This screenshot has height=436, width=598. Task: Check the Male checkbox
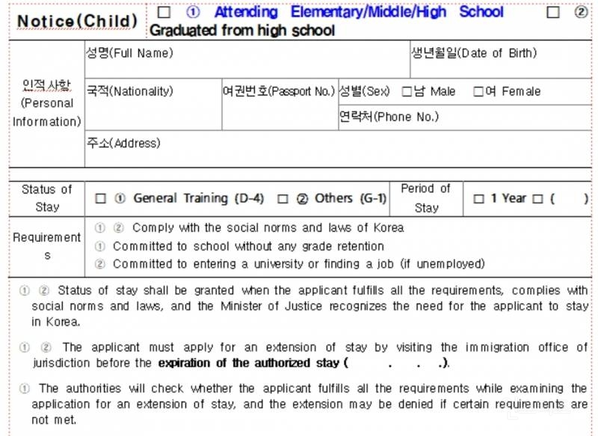[x=407, y=92]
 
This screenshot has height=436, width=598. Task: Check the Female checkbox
[x=478, y=92]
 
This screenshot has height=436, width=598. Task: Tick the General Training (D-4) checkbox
[x=101, y=199]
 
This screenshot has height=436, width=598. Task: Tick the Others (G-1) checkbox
[x=283, y=199]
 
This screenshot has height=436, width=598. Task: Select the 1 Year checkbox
[x=479, y=199]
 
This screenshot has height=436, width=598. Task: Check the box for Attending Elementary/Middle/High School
[x=164, y=13]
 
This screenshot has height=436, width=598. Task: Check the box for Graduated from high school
[x=553, y=13]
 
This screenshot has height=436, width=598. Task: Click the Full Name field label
[x=129, y=53]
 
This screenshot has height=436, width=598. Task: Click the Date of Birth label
[x=474, y=53]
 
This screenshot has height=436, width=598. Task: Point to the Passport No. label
[x=279, y=91]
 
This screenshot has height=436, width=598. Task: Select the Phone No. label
[x=389, y=117]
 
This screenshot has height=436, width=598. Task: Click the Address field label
[x=123, y=143]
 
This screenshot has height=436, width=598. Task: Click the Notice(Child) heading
[x=77, y=21]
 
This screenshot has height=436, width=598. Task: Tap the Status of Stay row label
[x=47, y=198]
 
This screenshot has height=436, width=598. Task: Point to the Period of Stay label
[x=426, y=198]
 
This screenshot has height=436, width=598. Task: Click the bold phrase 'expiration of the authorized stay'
[x=250, y=363]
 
